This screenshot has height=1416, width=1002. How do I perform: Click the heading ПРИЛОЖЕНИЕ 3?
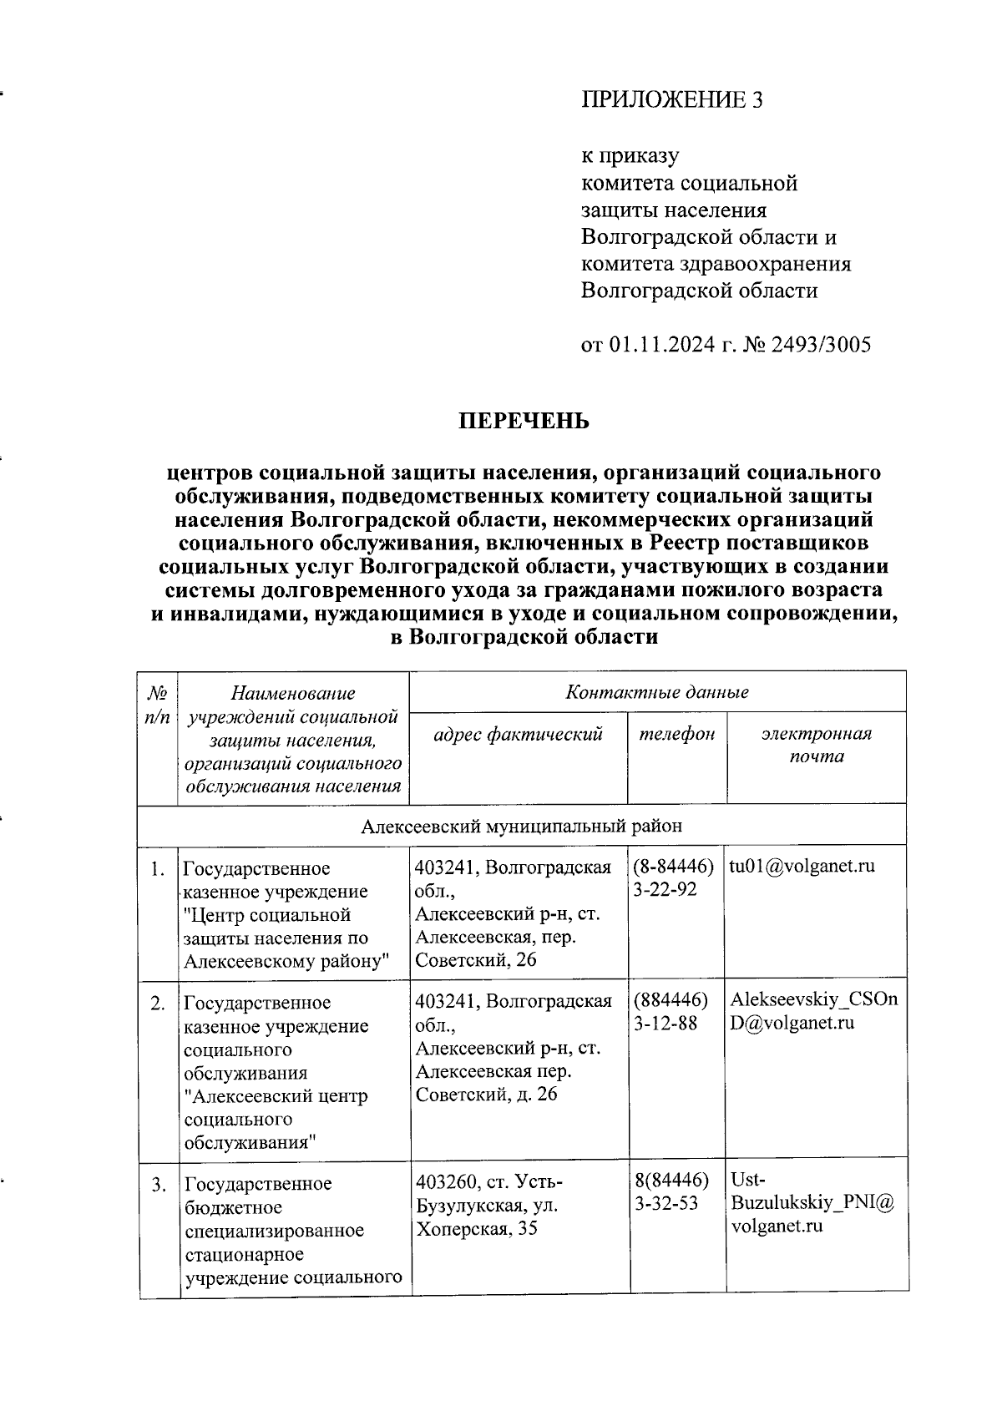click(672, 100)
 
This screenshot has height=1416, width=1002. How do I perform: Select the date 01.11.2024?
click(661, 344)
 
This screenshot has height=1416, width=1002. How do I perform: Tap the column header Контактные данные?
click(657, 692)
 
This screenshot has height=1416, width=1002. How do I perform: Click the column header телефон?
click(677, 734)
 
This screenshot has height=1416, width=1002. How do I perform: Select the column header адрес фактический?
click(518, 734)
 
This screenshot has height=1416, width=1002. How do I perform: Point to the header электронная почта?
click(816, 745)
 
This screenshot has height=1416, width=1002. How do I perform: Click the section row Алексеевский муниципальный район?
click(522, 826)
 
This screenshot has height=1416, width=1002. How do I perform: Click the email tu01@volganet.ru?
click(802, 866)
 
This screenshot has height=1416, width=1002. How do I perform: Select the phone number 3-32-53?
click(665, 1204)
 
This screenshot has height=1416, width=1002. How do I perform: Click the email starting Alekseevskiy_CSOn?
click(814, 999)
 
